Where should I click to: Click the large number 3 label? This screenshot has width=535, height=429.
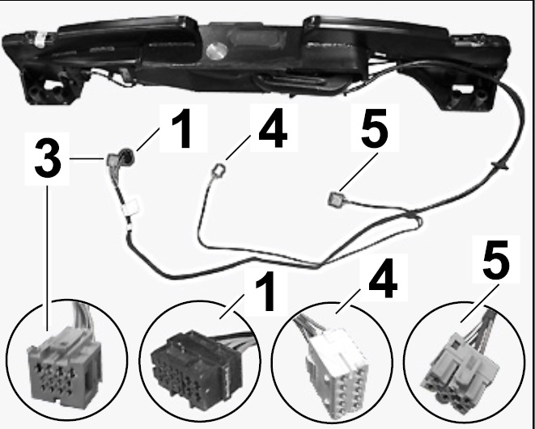[x=48, y=158]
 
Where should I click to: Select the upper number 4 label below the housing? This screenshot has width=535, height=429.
[x=273, y=128]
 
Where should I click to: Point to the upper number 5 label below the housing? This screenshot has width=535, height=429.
[x=374, y=128]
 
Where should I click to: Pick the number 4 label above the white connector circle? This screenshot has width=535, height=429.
[x=383, y=278]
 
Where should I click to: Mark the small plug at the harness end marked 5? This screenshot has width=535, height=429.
[x=333, y=199]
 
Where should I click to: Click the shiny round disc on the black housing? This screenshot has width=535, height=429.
[x=217, y=51]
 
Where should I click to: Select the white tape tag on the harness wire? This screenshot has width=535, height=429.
[x=131, y=207]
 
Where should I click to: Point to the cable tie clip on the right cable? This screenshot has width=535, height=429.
[x=500, y=166]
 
